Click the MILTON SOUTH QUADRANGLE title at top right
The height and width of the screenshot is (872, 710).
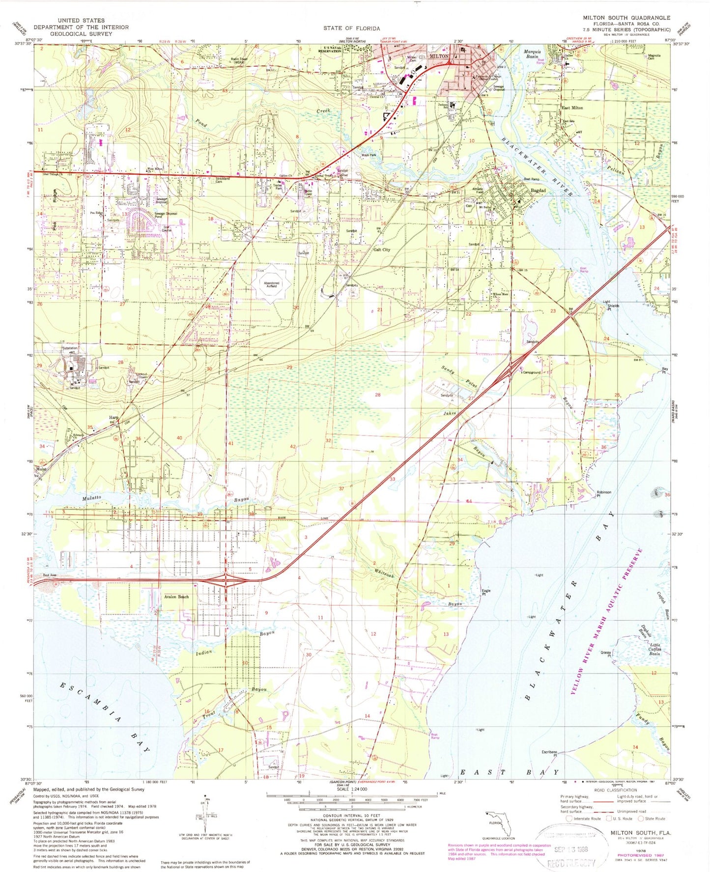pyautogui.click(x=626, y=18)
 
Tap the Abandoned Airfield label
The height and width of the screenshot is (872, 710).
pyautogui.click(x=271, y=284)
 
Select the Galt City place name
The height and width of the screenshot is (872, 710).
pyautogui.click(x=382, y=250)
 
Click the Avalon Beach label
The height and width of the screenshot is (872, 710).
pyautogui.click(x=176, y=597)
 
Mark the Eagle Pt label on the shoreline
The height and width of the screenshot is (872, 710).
pyautogui.click(x=486, y=592)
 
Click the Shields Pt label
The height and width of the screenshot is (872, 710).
pyautogui.click(x=613, y=307)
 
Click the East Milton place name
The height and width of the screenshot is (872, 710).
pyautogui.click(x=572, y=108)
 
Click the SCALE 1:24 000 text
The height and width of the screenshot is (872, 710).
pyautogui.click(x=351, y=789)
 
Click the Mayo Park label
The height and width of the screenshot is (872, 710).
pyautogui.click(x=369, y=155)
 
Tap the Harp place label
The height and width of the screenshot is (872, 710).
pyautogui.click(x=113, y=418)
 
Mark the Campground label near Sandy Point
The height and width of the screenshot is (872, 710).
pyautogui.click(x=532, y=373)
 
